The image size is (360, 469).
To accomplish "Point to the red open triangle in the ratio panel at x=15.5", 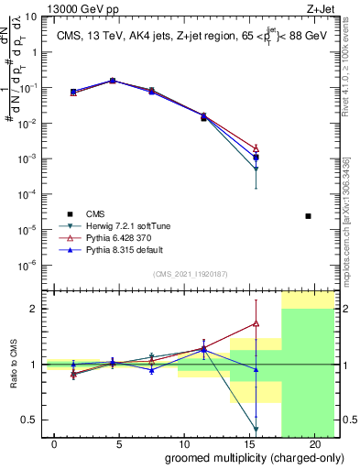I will [x=256, y=322].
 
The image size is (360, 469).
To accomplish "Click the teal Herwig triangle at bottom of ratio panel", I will [x=256, y=429].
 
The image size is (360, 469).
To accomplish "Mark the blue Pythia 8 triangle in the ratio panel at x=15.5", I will [x=256, y=369].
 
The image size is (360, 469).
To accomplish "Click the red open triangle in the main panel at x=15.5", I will [x=256, y=147].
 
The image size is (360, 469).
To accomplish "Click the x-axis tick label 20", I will [x=314, y=444].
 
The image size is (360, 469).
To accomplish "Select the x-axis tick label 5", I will [x=120, y=444].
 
